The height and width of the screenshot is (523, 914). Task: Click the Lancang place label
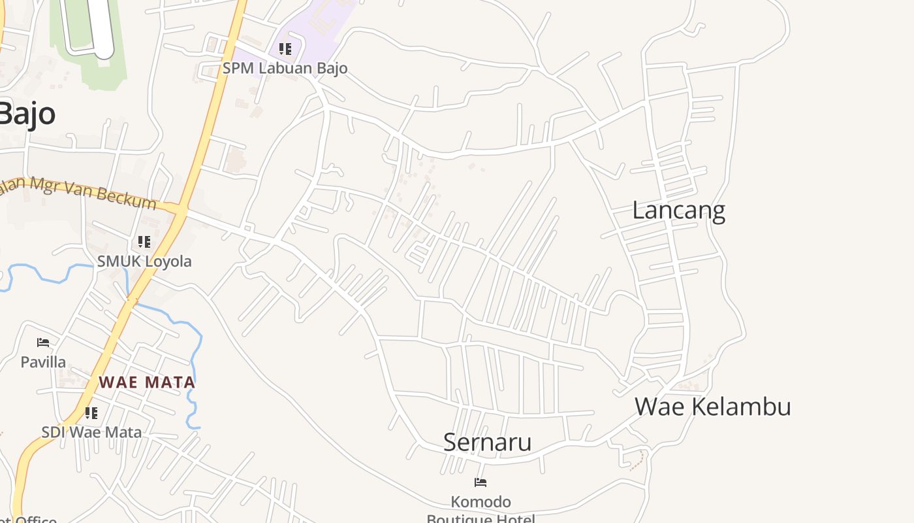[678, 211]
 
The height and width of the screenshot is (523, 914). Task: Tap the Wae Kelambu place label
[712, 407]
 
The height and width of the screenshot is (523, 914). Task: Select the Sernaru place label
[487, 442]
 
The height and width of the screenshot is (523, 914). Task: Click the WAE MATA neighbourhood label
[147, 382]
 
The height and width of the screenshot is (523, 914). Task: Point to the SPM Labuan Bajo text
[285, 68]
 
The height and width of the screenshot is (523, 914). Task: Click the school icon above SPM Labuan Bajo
[285, 49]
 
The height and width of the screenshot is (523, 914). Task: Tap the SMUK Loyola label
[144, 261]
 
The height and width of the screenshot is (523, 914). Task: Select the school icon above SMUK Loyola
[144, 242]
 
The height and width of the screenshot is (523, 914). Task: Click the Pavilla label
[43, 362]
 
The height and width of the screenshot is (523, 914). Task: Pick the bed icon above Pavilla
[43, 343]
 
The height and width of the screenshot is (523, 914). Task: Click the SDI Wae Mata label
[91, 432]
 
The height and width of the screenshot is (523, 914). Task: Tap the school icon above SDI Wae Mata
[91, 413]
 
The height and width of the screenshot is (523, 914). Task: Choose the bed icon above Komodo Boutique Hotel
[481, 483]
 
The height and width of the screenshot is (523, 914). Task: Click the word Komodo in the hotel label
[481, 502]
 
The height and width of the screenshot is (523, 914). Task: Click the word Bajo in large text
[27, 114]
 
